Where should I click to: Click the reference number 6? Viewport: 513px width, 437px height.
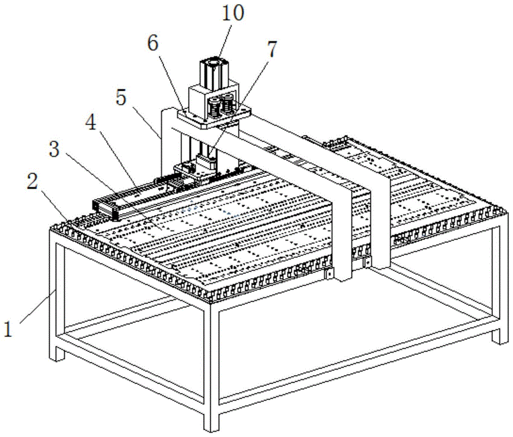click(x=153, y=45)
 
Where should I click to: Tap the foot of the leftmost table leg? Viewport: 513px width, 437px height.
click(x=57, y=354)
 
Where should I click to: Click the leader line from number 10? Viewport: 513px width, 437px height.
click(x=223, y=41)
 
